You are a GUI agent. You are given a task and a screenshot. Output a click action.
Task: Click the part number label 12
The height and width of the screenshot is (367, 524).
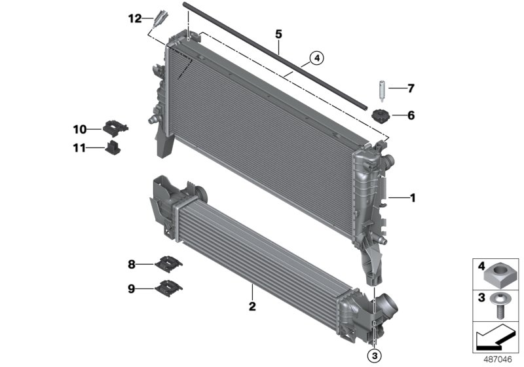(134, 18)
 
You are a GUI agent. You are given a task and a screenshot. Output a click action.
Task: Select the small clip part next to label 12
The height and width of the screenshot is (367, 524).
(159, 18)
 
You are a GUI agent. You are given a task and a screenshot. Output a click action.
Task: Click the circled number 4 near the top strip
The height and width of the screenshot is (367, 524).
(316, 59)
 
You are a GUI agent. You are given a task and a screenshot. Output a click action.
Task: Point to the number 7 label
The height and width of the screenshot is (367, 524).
(411, 87)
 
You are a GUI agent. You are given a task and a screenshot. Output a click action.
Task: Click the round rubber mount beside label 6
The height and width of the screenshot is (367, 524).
(381, 117)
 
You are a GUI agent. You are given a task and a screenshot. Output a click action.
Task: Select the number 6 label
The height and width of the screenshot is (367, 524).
(411, 116)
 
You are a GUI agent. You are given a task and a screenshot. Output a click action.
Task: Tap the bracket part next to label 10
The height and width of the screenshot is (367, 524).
(115, 127)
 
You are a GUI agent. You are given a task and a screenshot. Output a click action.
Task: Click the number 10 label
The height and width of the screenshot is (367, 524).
(79, 128)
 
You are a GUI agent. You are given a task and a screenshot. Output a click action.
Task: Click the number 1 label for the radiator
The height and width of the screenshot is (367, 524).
(412, 197)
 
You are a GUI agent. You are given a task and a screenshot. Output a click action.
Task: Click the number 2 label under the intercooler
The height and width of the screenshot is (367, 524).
(252, 306)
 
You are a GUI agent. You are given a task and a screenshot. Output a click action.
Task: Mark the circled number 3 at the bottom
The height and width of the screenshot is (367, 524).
(374, 355)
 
